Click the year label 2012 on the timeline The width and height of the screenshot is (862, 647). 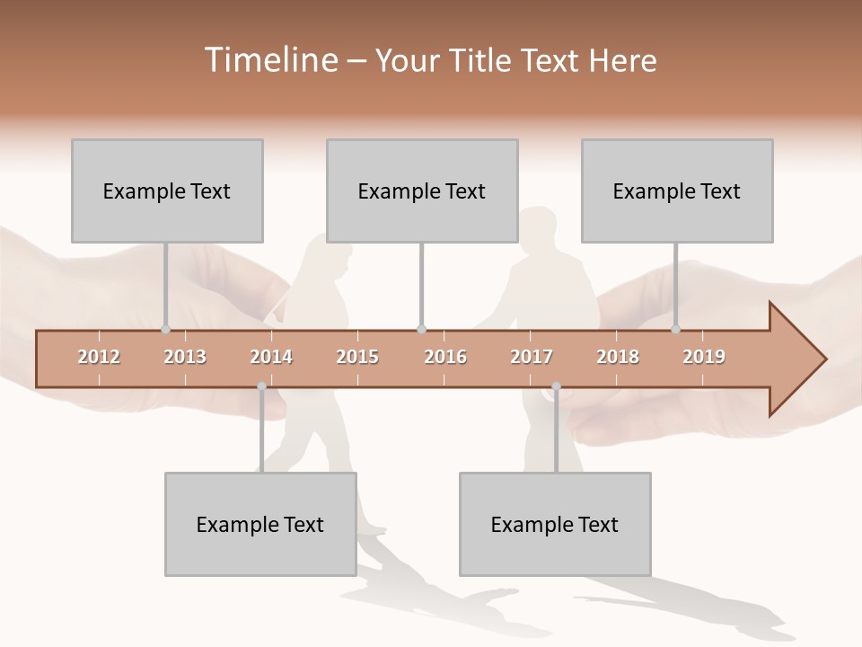pos(99,357)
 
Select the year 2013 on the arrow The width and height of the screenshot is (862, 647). pos(185,357)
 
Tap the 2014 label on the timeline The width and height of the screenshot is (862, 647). pos(271,357)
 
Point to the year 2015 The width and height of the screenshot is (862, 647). pos(357,357)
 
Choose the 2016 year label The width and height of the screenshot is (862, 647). pos(445,357)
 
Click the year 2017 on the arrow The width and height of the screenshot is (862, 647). pos(532,357)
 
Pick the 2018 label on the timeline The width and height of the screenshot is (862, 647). pos(618,357)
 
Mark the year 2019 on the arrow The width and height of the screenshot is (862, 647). pos(704,357)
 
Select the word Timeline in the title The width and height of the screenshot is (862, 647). pos(268,60)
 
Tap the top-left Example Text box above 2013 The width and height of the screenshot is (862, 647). pos(167,191)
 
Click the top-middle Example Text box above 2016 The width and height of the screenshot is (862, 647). pos(422,191)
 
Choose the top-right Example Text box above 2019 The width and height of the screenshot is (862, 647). pos(677,191)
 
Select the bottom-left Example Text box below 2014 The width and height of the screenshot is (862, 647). pos(260,524)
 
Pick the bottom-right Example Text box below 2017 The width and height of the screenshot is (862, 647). pos(555,524)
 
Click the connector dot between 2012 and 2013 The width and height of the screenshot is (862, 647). pos(165,329)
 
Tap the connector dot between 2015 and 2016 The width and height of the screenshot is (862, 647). pos(421,329)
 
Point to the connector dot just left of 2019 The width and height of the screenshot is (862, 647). pos(675,329)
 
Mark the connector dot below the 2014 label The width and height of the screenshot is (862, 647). pos(261,386)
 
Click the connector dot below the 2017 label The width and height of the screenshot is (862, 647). pos(556,386)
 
